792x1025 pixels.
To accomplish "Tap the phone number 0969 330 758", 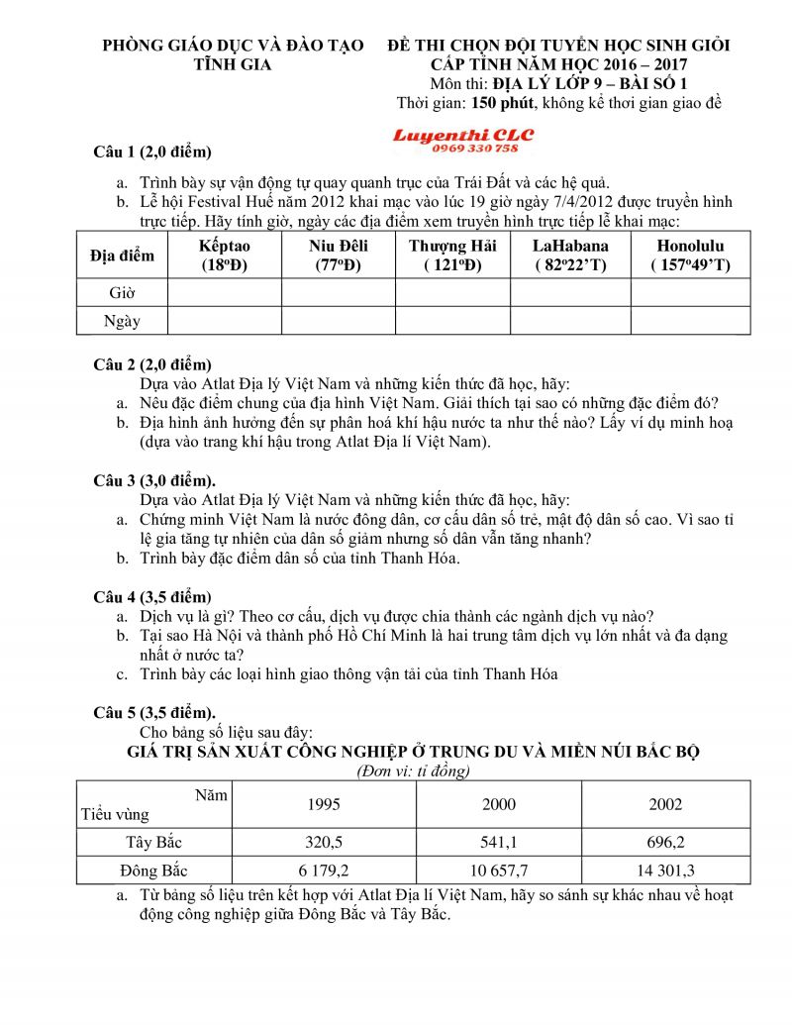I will click(474, 148).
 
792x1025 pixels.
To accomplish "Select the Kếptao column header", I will click(225, 256).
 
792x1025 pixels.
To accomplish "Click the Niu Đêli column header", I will click(339, 256).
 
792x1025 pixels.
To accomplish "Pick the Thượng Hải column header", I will click(452, 256).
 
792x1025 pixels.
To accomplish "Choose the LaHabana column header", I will click(570, 256).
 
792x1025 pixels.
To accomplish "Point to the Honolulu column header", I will click(690, 256).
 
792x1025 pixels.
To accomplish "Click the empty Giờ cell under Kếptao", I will click(225, 293).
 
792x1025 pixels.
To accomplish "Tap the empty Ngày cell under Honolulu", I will click(690, 321).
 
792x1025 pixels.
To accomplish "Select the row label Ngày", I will click(123, 321).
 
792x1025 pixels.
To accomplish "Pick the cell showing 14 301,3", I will click(665, 871).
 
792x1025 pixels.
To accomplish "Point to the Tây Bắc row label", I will click(155, 843).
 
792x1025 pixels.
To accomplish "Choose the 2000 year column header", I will click(499, 804).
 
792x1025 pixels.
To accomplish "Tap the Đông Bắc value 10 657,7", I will click(499, 871).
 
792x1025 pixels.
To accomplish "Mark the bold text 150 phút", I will click(505, 103).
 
